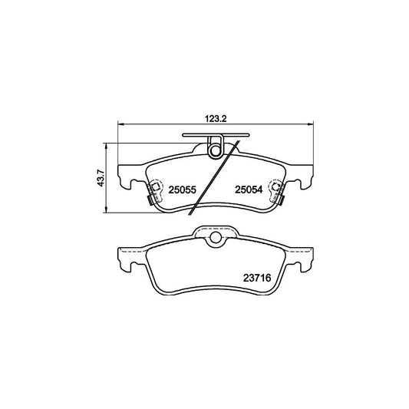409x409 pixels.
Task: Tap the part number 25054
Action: coord(250,190)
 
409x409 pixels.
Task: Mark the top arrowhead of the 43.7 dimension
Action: coord(106,143)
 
